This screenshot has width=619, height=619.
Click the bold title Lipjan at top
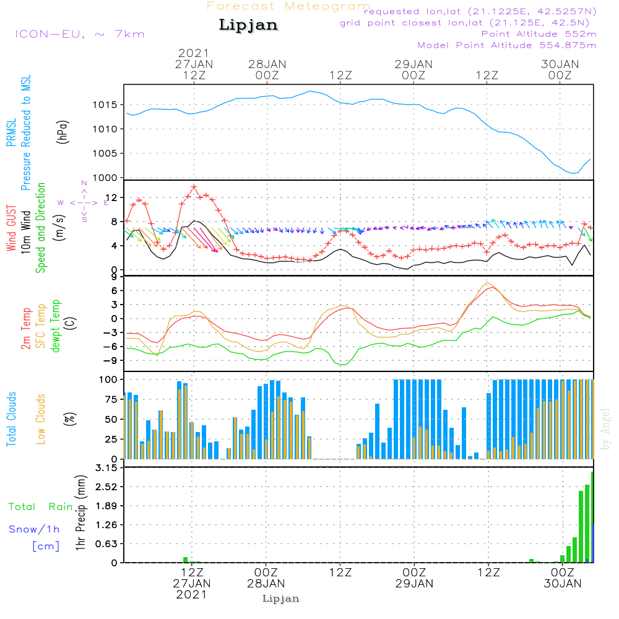point(248,25)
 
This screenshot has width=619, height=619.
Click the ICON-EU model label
point(80,34)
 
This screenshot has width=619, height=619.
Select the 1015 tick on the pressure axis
point(105,105)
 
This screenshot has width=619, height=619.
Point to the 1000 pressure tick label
point(105,178)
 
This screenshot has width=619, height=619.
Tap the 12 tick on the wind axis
point(111,197)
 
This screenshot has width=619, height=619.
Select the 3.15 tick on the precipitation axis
point(106,468)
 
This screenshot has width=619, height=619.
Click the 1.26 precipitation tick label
point(106,525)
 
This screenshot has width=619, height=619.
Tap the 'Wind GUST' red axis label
point(11,228)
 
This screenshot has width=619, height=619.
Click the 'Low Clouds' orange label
point(40,419)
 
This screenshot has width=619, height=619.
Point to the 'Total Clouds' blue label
point(11,419)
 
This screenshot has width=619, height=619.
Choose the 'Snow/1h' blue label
point(34,529)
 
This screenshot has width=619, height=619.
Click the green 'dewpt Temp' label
point(55,326)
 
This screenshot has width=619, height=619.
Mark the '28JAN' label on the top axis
point(267,64)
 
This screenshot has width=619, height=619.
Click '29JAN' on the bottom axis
point(414,584)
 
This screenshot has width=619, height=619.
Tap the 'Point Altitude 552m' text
point(539,34)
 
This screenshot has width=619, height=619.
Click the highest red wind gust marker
point(194,187)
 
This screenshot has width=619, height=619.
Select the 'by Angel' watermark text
point(605,429)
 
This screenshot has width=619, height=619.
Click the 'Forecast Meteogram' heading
point(288,6)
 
